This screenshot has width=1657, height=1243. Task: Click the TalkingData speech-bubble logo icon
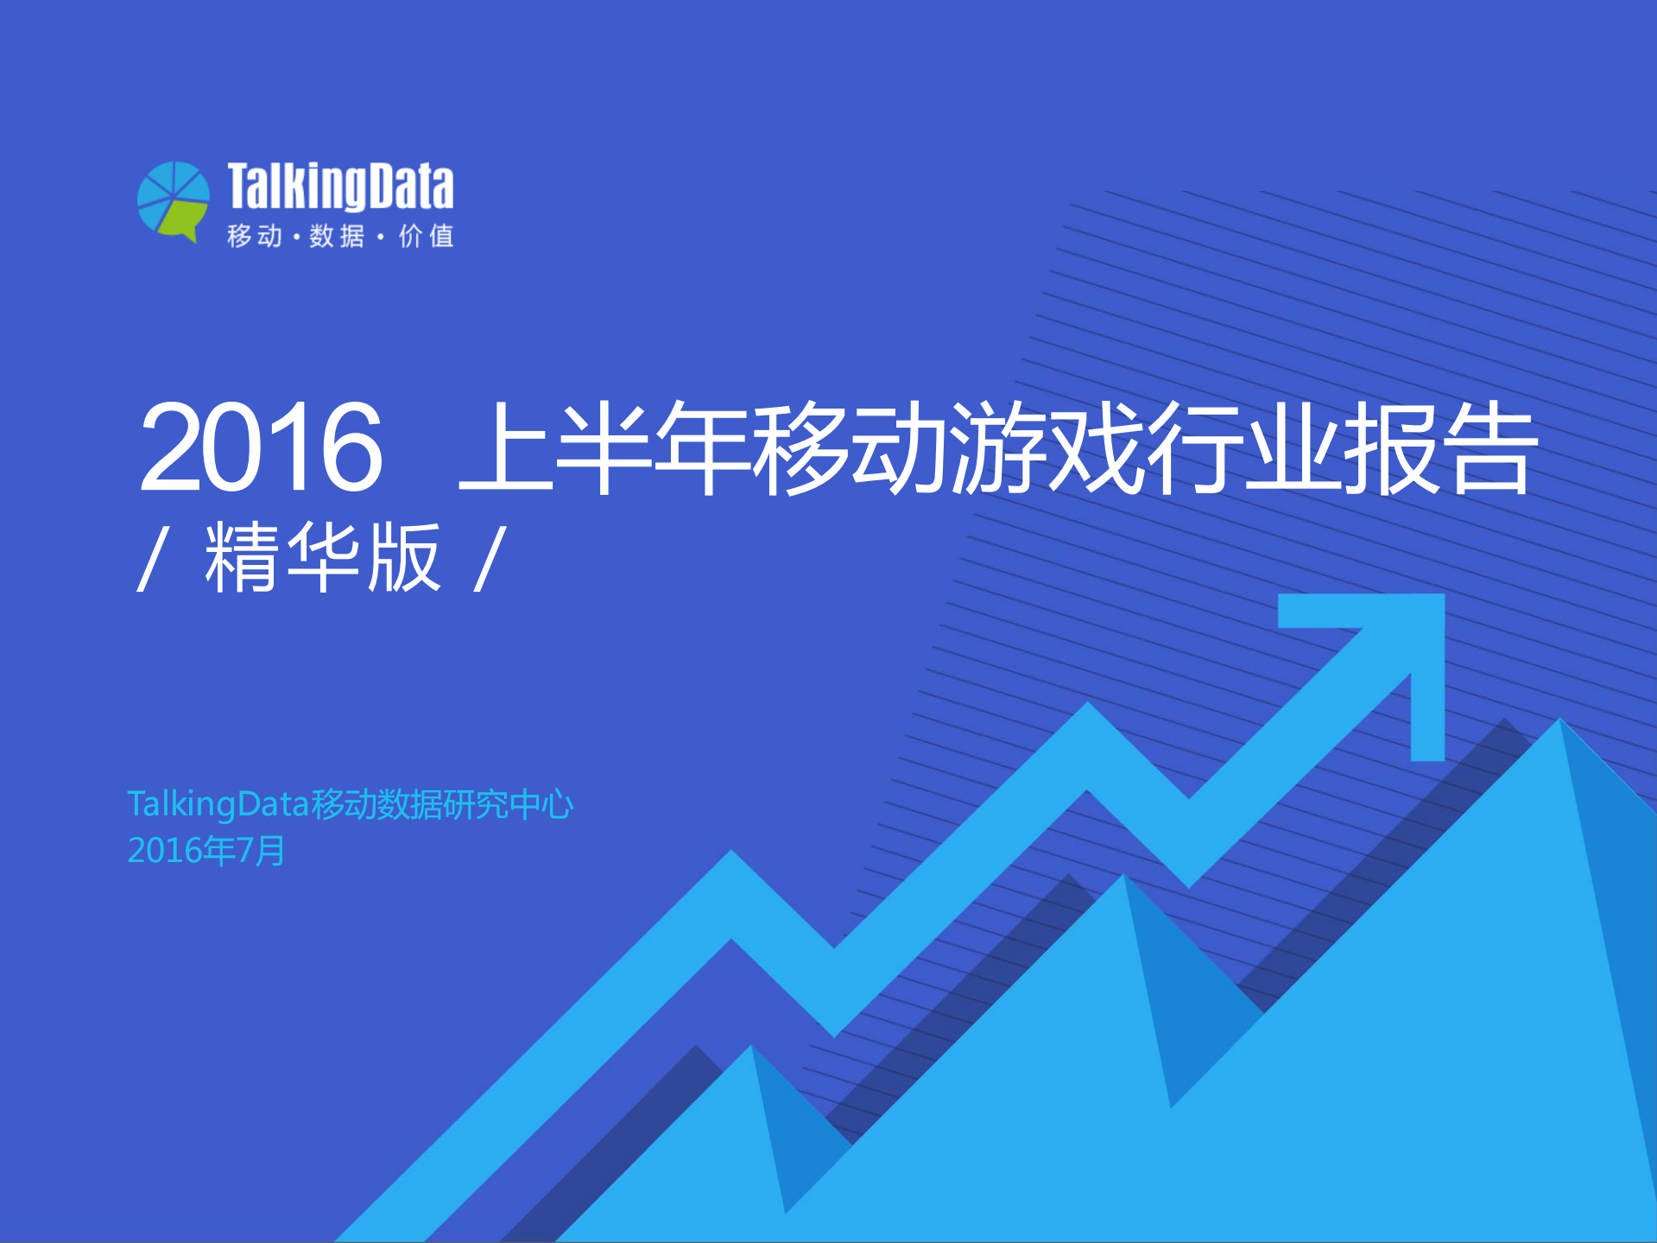(174, 201)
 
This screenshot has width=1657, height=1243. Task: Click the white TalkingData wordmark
(340, 187)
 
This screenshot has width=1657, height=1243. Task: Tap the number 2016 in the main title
(261, 447)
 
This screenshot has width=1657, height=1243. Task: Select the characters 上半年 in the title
(604, 447)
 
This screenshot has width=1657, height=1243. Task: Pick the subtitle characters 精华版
(322, 558)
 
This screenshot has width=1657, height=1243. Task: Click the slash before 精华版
(151, 560)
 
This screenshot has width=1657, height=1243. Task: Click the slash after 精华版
(490, 560)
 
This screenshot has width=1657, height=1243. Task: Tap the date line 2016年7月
(206, 851)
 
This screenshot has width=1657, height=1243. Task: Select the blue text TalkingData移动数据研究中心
(350, 804)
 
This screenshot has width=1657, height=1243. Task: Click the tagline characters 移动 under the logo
(254, 236)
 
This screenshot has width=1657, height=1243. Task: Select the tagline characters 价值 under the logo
(427, 236)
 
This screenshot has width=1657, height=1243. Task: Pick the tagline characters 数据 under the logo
(337, 236)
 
